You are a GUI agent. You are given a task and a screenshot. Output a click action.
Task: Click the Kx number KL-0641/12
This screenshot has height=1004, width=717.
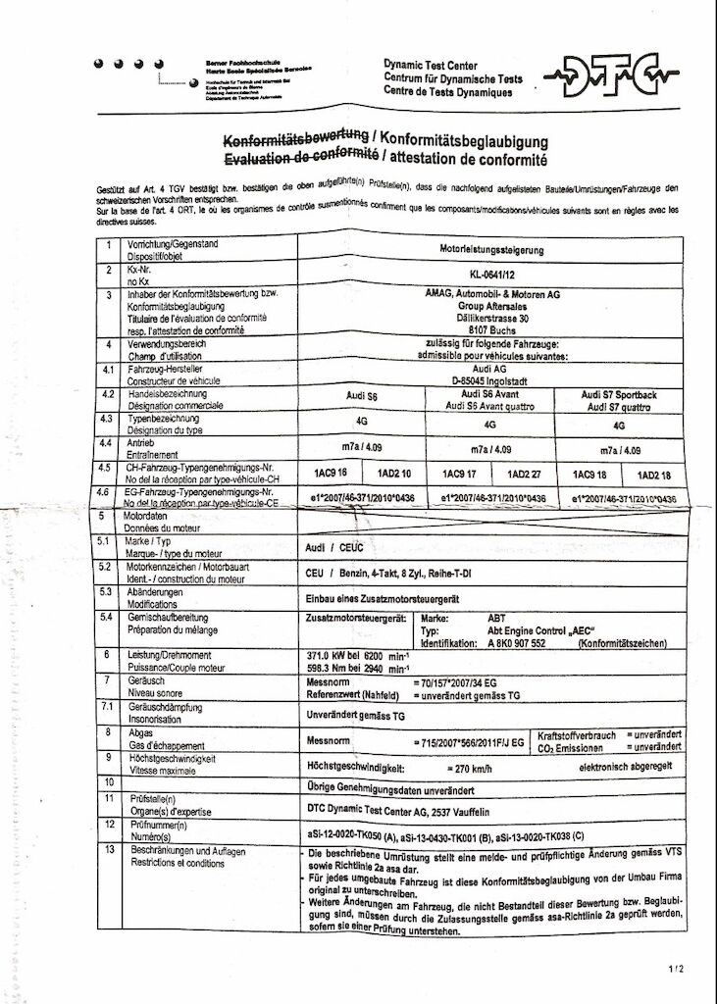(491, 276)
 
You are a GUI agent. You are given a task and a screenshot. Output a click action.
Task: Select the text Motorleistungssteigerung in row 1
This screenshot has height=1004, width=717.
(491, 250)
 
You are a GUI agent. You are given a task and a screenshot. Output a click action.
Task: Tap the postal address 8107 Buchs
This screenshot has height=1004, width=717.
(490, 330)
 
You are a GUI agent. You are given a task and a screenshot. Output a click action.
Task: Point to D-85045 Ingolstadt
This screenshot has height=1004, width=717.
(490, 380)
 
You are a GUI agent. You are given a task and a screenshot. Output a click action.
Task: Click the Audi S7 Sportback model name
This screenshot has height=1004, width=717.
(618, 394)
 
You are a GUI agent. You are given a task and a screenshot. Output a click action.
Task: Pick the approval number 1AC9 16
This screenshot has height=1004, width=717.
(331, 474)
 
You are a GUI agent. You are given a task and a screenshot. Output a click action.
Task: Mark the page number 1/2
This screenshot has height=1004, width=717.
(676, 970)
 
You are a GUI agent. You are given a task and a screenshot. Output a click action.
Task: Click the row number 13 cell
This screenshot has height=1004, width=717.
(108, 851)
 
